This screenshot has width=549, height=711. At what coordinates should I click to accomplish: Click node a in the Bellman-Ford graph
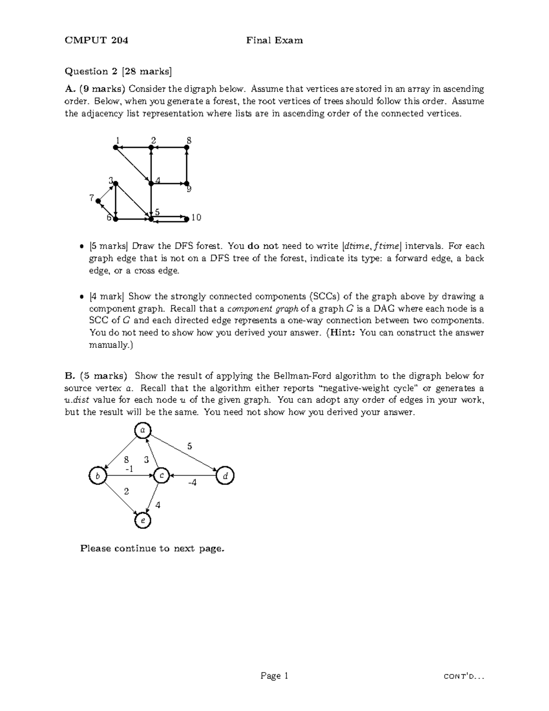pyautogui.click(x=143, y=430)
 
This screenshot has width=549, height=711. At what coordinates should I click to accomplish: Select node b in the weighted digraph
pyautogui.click(x=97, y=476)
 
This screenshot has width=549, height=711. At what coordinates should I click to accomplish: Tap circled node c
pyautogui.click(x=161, y=476)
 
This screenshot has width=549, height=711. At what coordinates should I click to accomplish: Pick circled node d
pyautogui.click(x=225, y=476)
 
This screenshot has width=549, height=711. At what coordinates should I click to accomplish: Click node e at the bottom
pyautogui.click(x=143, y=521)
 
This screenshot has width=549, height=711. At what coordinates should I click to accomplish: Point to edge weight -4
pyautogui.click(x=192, y=483)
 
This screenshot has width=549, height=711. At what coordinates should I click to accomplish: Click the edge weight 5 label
pyautogui.click(x=190, y=446)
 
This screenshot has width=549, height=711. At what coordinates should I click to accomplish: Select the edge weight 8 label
pyautogui.click(x=126, y=459)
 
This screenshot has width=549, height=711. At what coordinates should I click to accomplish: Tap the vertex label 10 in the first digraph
pyautogui.click(x=196, y=217)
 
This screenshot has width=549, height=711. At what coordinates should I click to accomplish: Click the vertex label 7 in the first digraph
pyautogui.click(x=91, y=198)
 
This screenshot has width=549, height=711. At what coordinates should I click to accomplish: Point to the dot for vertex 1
pyautogui.click(x=116, y=147)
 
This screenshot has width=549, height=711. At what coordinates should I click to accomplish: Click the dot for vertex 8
pyautogui.click(x=187, y=147)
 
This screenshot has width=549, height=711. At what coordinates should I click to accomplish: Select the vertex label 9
pyautogui.click(x=189, y=190)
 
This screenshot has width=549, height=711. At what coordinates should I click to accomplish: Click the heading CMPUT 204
pyautogui.click(x=97, y=40)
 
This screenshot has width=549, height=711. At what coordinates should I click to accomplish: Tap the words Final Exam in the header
pyautogui.click(x=274, y=40)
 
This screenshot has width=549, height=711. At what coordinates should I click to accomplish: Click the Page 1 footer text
pyautogui.click(x=274, y=676)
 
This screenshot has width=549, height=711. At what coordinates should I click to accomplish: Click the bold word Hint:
pyautogui.click(x=343, y=333)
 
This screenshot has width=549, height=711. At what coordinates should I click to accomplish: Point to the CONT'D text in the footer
pyautogui.click(x=464, y=676)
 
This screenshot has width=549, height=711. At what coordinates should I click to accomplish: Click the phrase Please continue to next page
pyautogui.click(x=152, y=548)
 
